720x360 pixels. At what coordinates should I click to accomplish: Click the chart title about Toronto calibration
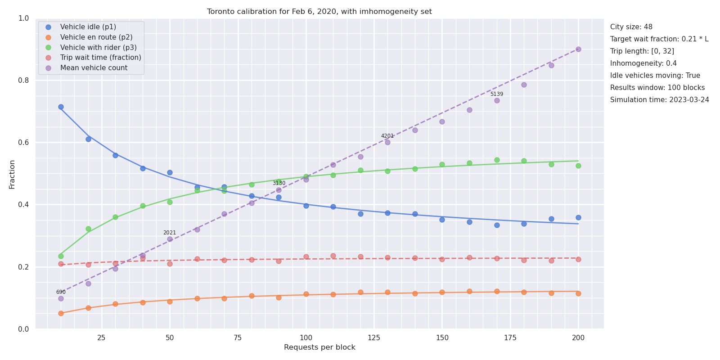pyautogui.click(x=319, y=12)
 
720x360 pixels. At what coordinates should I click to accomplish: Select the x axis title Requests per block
pyautogui.click(x=319, y=347)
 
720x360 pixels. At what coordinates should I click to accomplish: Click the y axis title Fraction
pyautogui.click(x=12, y=175)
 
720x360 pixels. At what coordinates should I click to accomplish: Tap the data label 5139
pyautogui.click(x=497, y=94)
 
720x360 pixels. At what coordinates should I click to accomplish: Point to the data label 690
pyautogui.click(x=61, y=292)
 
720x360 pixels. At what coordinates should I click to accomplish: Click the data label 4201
pyautogui.click(x=387, y=136)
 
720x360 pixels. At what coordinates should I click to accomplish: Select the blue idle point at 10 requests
pyautogui.click(x=61, y=107)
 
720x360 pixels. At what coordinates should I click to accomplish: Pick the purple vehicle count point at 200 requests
pyautogui.click(x=578, y=49)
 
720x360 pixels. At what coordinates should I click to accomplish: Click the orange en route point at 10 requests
pyautogui.click(x=61, y=313)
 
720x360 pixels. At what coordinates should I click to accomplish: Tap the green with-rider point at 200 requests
pyautogui.click(x=578, y=166)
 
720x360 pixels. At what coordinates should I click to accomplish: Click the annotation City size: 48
pyautogui.click(x=631, y=27)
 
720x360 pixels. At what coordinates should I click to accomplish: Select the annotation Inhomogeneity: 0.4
pyautogui.click(x=643, y=63)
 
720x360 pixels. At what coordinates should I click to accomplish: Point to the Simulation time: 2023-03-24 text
pyautogui.click(x=660, y=100)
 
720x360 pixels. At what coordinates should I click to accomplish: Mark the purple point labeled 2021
pyautogui.click(x=170, y=239)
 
